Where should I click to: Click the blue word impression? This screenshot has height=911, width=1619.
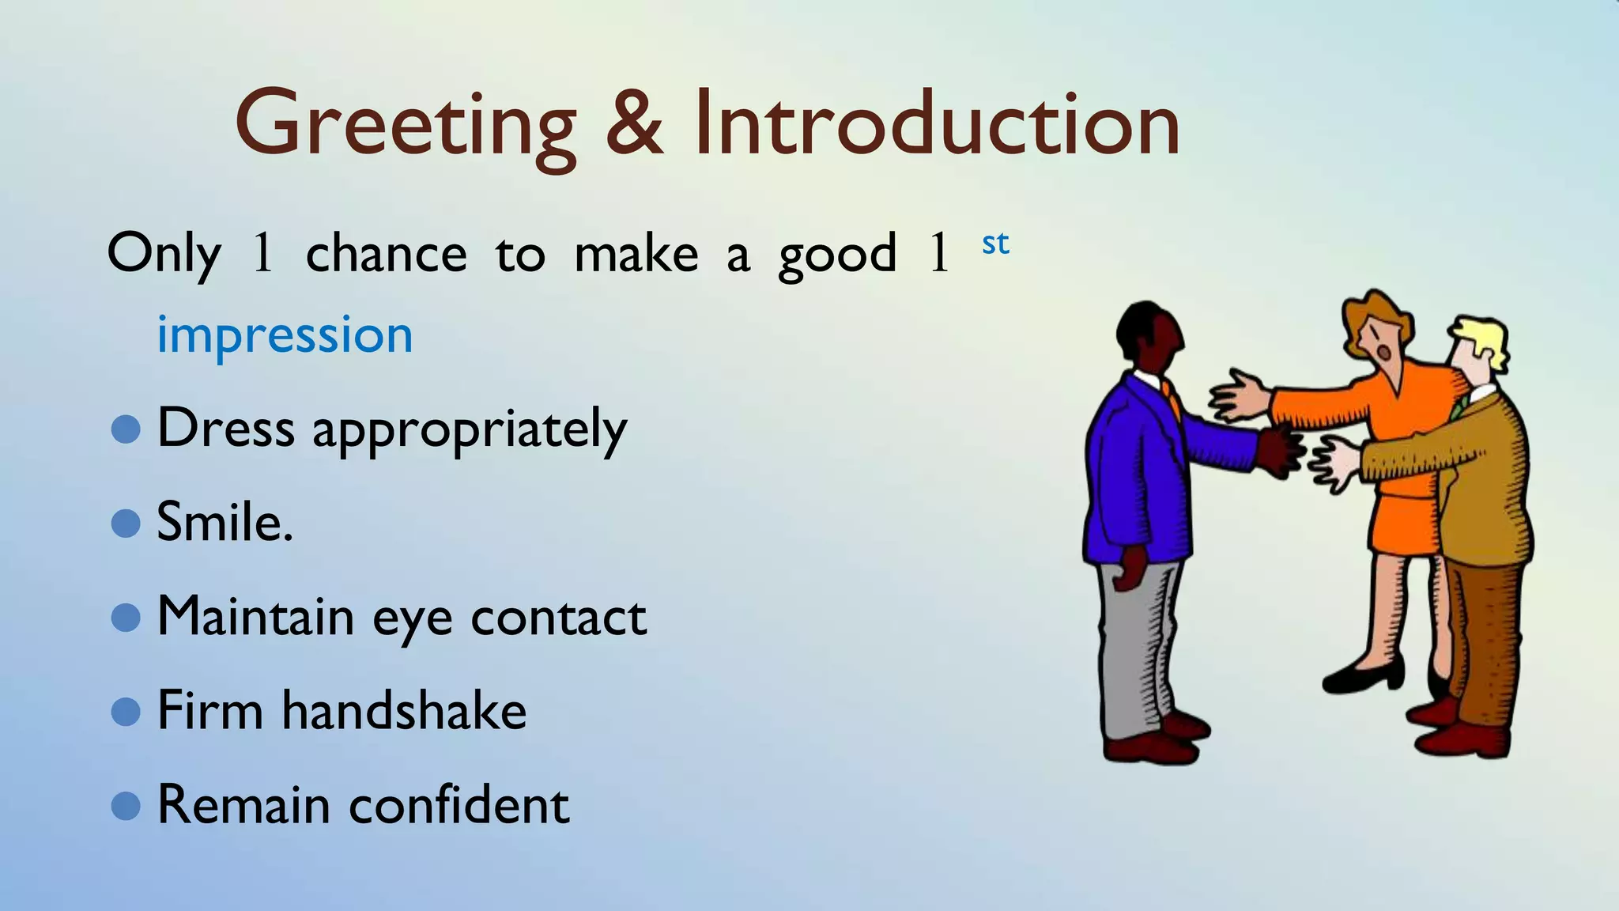[285, 335]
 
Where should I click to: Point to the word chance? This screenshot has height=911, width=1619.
[386, 255]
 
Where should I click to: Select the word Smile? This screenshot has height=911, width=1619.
[224, 523]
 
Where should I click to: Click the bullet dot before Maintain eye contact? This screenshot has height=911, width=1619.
[126, 618]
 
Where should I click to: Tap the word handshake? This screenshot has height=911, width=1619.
[404, 710]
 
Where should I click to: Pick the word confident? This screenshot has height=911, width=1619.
[459, 805]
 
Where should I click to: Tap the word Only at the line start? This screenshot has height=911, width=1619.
[164, 255]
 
